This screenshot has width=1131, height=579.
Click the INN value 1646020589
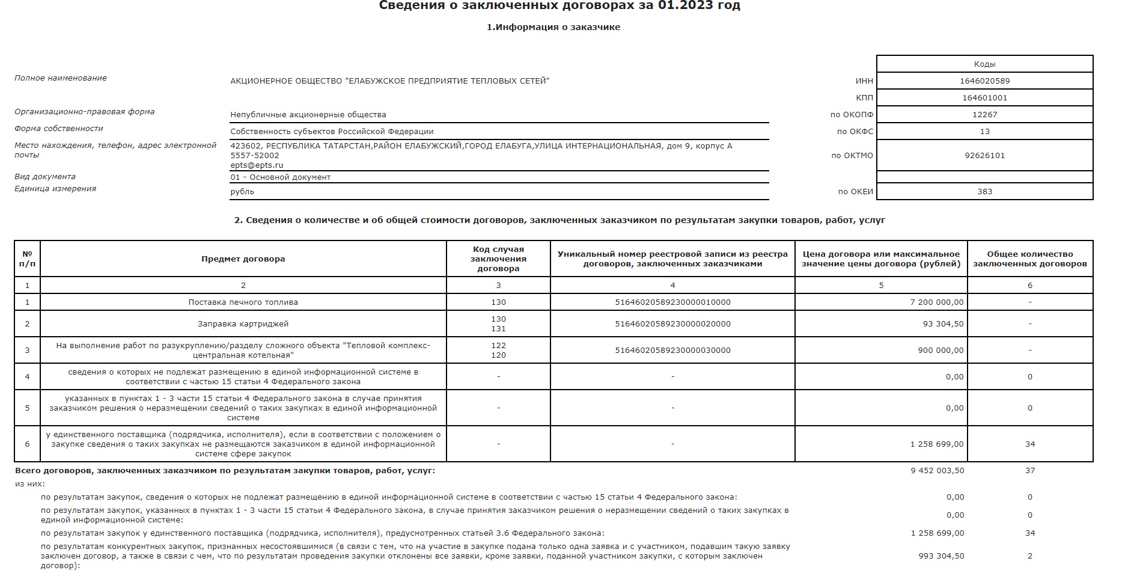984,81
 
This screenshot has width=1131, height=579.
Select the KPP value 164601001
984,98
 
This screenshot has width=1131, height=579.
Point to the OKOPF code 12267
984,115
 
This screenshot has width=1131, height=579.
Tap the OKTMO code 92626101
984,156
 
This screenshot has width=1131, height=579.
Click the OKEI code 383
984,192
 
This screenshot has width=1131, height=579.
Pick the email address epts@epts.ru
257,165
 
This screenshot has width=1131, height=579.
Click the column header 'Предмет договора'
243,259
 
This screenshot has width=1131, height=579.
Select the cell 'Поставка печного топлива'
243,302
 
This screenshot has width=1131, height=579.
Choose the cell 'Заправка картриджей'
243,324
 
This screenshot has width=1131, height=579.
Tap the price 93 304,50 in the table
943,324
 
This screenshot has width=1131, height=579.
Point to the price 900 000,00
940,351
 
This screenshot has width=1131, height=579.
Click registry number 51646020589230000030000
672,351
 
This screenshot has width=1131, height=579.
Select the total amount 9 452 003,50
937,471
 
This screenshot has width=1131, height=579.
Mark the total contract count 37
1030,471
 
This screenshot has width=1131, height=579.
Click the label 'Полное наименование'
61,78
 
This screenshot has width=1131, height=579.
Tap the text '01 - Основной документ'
280,177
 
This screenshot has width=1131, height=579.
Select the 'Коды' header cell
984,64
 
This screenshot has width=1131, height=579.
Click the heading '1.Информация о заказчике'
553,27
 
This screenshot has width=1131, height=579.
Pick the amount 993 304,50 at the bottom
941,556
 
